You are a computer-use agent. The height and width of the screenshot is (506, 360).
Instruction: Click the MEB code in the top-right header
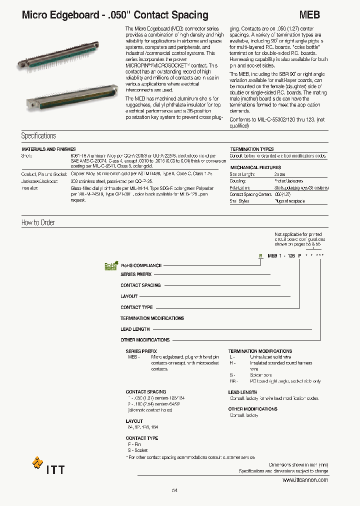click(309, 15)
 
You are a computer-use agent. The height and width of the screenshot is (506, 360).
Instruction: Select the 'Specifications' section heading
click(38, 136)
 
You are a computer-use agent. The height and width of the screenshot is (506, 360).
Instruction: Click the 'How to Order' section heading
click(38, 222)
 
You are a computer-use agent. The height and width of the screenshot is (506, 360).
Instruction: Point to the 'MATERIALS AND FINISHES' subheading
click(48, 149)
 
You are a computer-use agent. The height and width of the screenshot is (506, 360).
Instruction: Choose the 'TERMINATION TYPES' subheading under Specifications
click(251, 149)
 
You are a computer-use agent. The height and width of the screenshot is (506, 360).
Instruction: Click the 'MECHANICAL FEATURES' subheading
click(255, 167)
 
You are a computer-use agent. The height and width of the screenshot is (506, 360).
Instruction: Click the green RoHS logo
click(110, 266)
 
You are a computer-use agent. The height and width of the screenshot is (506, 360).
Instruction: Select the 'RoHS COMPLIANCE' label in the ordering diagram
click(141, 265)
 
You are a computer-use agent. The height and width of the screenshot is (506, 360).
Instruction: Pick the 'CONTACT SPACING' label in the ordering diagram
click(140, 285)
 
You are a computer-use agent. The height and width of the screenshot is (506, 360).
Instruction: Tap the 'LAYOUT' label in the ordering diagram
click(129, 296)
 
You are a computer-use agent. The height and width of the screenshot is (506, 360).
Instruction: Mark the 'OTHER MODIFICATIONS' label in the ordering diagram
click(145, 340)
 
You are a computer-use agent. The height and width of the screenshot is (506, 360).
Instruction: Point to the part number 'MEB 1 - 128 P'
click(284, 255)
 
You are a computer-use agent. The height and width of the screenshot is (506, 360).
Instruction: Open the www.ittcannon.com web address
click(305, 480)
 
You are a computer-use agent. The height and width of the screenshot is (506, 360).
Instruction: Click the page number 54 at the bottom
click(174, 490)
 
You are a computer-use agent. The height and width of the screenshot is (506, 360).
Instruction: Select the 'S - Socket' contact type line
click(137, 450)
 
